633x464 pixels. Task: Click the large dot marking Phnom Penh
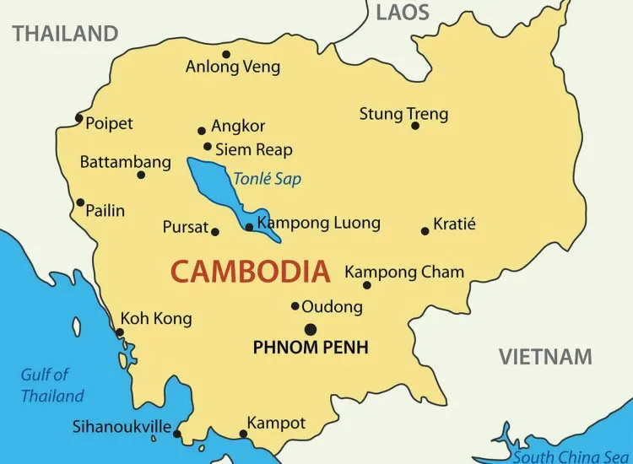(311, 329)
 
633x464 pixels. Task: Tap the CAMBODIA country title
(250, 272)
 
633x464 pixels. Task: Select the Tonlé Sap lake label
(267, 179)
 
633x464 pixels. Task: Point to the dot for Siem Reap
(208, 146)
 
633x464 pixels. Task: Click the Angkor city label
(238, 127)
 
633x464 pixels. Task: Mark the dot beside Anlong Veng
(226, 54)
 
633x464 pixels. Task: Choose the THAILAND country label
(65, 34)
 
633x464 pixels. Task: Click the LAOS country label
(403, 12)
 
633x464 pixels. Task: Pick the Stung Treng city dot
(415, 126)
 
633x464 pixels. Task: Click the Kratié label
(454, 224)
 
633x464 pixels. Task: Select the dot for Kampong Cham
(366, 285)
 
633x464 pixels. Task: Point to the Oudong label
(332, 307)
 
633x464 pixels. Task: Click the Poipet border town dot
(79, 118)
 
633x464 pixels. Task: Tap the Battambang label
(113, 162)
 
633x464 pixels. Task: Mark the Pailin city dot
(80, 202)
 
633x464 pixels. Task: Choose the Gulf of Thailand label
(52, 386)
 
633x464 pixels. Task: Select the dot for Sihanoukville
(176, 434)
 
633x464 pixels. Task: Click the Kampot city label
(276, 423)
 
